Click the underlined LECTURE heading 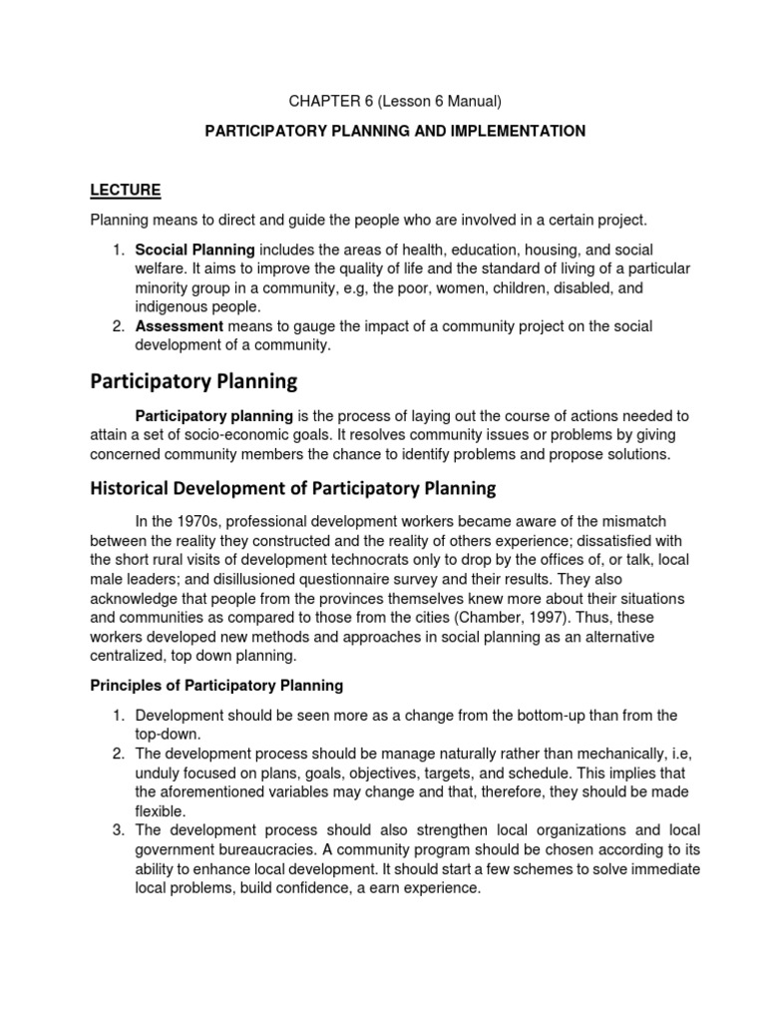point(126,190)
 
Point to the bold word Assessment point(179,326)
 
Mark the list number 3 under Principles point(117,829)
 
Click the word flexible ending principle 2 point(160,810)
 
